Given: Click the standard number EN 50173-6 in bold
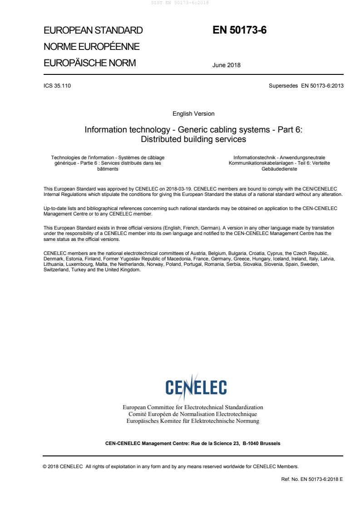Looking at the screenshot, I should click(239, 30).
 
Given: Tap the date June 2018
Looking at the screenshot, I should click(227, 65).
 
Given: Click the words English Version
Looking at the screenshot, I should click(193, 113).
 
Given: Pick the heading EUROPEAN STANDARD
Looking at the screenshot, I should click(93, 31).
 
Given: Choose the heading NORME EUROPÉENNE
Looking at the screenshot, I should click(91, 47).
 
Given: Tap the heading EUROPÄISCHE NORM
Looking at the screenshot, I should click(89, 63).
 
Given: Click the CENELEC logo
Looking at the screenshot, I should click(196, 387).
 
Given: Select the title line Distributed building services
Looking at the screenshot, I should click(193, 139).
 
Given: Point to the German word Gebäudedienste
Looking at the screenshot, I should click(279, 168).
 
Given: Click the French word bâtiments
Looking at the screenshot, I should click(108, 168).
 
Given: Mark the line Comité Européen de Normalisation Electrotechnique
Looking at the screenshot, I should click(193, 414).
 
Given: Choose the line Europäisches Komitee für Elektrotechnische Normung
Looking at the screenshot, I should click(193, 421).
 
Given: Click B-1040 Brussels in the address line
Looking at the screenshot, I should click(261, 443).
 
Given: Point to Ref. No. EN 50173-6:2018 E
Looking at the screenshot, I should click(312, 478).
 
